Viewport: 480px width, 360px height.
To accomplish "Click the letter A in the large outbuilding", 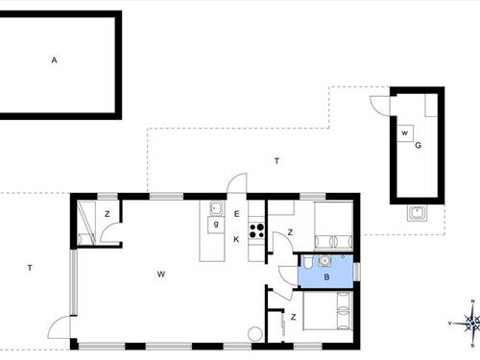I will tap(55, 60).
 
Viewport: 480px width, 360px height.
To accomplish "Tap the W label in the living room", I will tap(161, 275).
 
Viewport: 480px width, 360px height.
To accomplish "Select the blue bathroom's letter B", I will tap(326, 278).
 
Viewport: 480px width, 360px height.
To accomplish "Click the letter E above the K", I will tap(236, 213).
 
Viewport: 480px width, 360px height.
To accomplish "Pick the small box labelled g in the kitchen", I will tap(217, 224).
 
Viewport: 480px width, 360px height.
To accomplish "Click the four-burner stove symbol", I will tap(256, 229).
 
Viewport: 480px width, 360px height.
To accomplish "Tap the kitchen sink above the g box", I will tap(216, 207).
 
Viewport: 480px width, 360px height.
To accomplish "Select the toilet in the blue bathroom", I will tap(304, 261).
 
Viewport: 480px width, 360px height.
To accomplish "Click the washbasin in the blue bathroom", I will tap(325, 259).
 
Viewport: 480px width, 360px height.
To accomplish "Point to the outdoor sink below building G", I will tap(417, 212).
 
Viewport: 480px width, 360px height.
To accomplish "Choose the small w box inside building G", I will tap(405, 132).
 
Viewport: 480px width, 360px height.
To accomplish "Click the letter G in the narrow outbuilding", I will tap(419, 145).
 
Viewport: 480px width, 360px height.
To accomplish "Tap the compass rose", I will tap(470, 324).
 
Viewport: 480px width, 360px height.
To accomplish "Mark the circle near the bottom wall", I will tap(254, 334).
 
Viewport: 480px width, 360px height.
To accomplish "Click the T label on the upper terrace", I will tap(276, 161).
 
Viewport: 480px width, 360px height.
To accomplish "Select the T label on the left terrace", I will tap(30, 268).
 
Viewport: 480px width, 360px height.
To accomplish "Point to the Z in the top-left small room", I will tap(108, 214).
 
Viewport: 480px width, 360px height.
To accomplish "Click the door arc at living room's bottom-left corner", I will tap(63, 325).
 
